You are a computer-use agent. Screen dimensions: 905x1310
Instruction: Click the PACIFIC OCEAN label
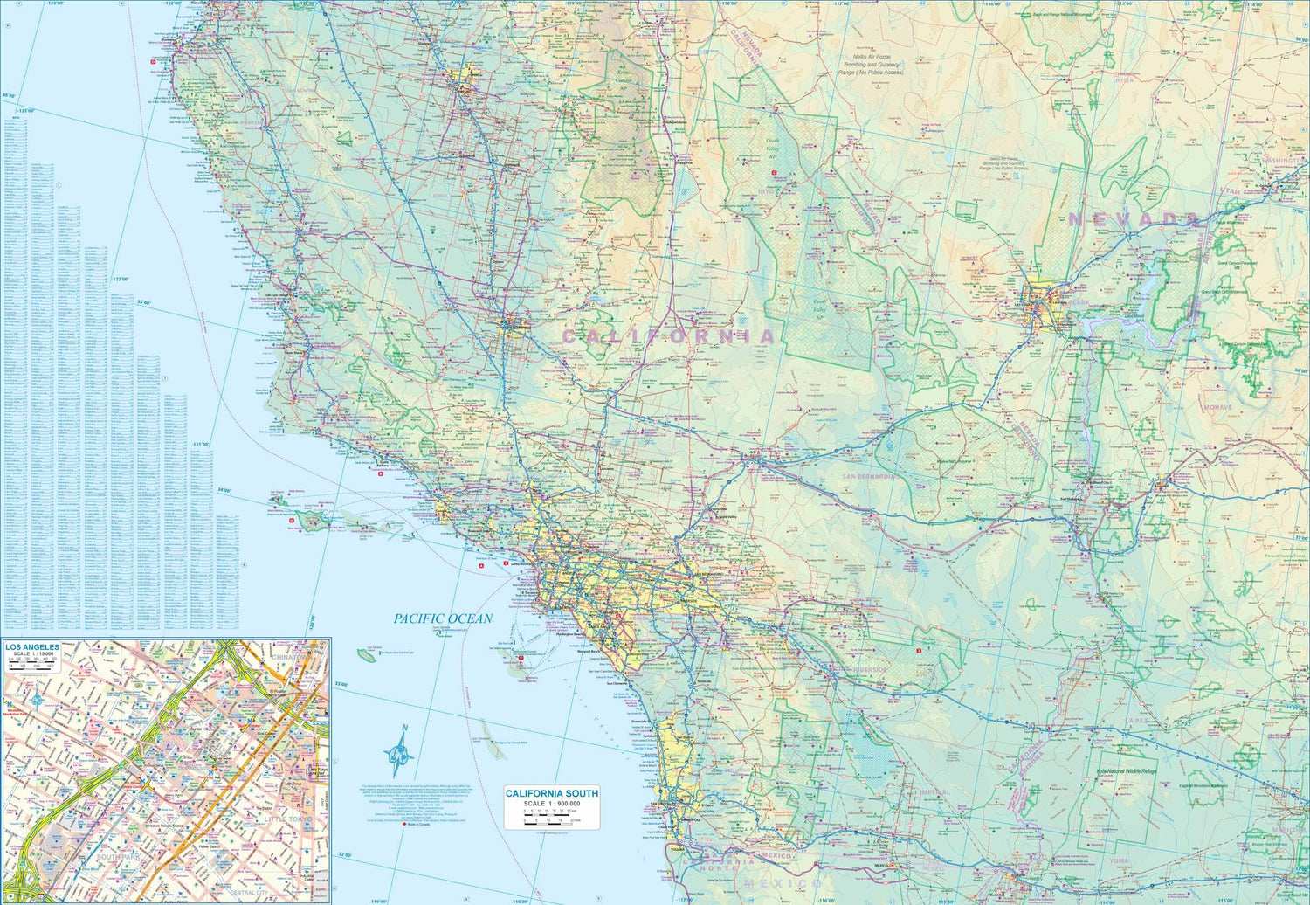443,618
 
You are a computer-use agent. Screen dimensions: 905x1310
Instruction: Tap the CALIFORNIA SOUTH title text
552,793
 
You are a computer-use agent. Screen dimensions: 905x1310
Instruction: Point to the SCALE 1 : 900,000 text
552,804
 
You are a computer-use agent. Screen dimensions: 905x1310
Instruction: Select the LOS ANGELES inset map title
32,647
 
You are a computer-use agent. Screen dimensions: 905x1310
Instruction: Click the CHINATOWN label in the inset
291,656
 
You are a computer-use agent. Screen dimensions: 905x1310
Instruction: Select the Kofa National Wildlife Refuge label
1126,772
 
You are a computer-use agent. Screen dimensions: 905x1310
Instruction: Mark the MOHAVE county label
1217,407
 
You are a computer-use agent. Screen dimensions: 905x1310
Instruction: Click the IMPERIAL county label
934,792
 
